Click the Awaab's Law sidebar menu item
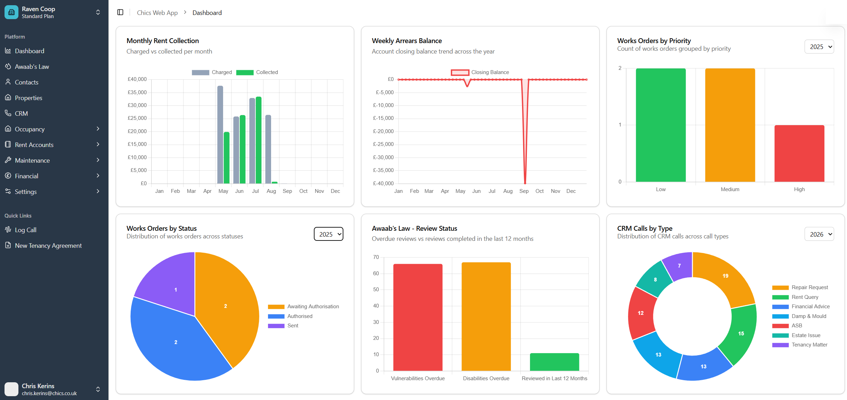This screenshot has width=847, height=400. [32, 66]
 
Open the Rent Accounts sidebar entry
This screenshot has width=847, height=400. [34, 145]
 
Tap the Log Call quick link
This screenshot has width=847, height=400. [25, 230]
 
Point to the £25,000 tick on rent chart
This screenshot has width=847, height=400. [137, 118]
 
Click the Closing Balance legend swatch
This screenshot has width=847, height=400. [459, 72]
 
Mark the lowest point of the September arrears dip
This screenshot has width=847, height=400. [525, 182]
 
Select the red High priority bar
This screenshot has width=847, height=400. [799, 153]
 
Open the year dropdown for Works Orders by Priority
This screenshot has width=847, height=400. [819, 47]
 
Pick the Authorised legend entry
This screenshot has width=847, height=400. [300, 316]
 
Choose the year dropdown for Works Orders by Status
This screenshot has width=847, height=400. [328, 234]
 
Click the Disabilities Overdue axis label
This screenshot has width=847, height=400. [486, 378]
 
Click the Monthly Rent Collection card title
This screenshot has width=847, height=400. [163, 41]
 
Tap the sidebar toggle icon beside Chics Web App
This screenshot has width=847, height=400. [120, 13]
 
